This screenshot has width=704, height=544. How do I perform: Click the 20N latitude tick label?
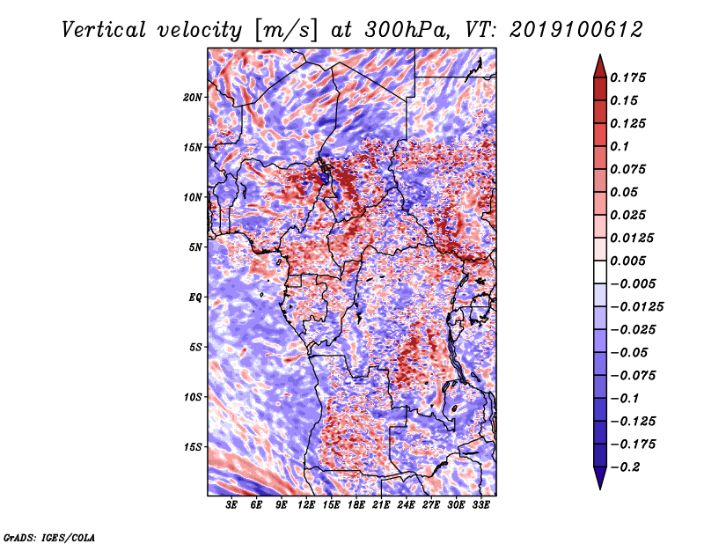pyautogui.click(x=192, y=97)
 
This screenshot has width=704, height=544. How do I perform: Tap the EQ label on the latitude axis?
pyautogui.click(x=194, y=297)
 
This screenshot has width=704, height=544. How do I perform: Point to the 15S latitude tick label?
pyautogui.click(x=192, y=447)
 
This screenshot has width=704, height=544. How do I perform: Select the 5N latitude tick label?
pyautogui.click(x=194, y=247)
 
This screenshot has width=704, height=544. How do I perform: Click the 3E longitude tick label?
pyautogui.click(x=231, y=505)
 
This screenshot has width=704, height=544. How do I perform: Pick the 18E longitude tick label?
pyautogui.click(x=356, y=505)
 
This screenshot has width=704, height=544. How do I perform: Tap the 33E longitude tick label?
pyautogui.click(x=480, y=505)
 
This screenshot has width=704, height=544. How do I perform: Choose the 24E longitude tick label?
pyautogui.click(x=406, y=505)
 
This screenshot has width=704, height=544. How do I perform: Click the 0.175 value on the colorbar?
pyautogui.click(x=627, y=77)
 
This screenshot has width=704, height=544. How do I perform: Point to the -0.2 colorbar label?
pyautogui.click(x=626, y=467)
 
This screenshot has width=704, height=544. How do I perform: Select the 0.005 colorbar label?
pyautogui.click(x=627, y=261)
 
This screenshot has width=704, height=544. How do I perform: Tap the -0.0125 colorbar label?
pyautogui.click(x=636, y=307)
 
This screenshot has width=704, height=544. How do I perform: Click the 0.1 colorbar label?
pyautogui.click(x=620, y=146)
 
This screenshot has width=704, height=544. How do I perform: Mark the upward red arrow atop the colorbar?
pyautogui.click(x=600, y=66)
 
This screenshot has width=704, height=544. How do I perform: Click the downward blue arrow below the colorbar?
pyautogui.click(x=600, y=478)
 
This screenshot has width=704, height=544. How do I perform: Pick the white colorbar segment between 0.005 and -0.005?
pyautogui.click(x=600, y=272)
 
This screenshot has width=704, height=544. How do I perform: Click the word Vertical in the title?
pyautogui.click(x=103, y=30)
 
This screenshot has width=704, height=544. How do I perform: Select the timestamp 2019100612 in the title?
pyautogui.click(x=576, y=30)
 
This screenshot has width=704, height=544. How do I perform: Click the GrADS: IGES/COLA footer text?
pyautogui.click(x=49, y=538)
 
